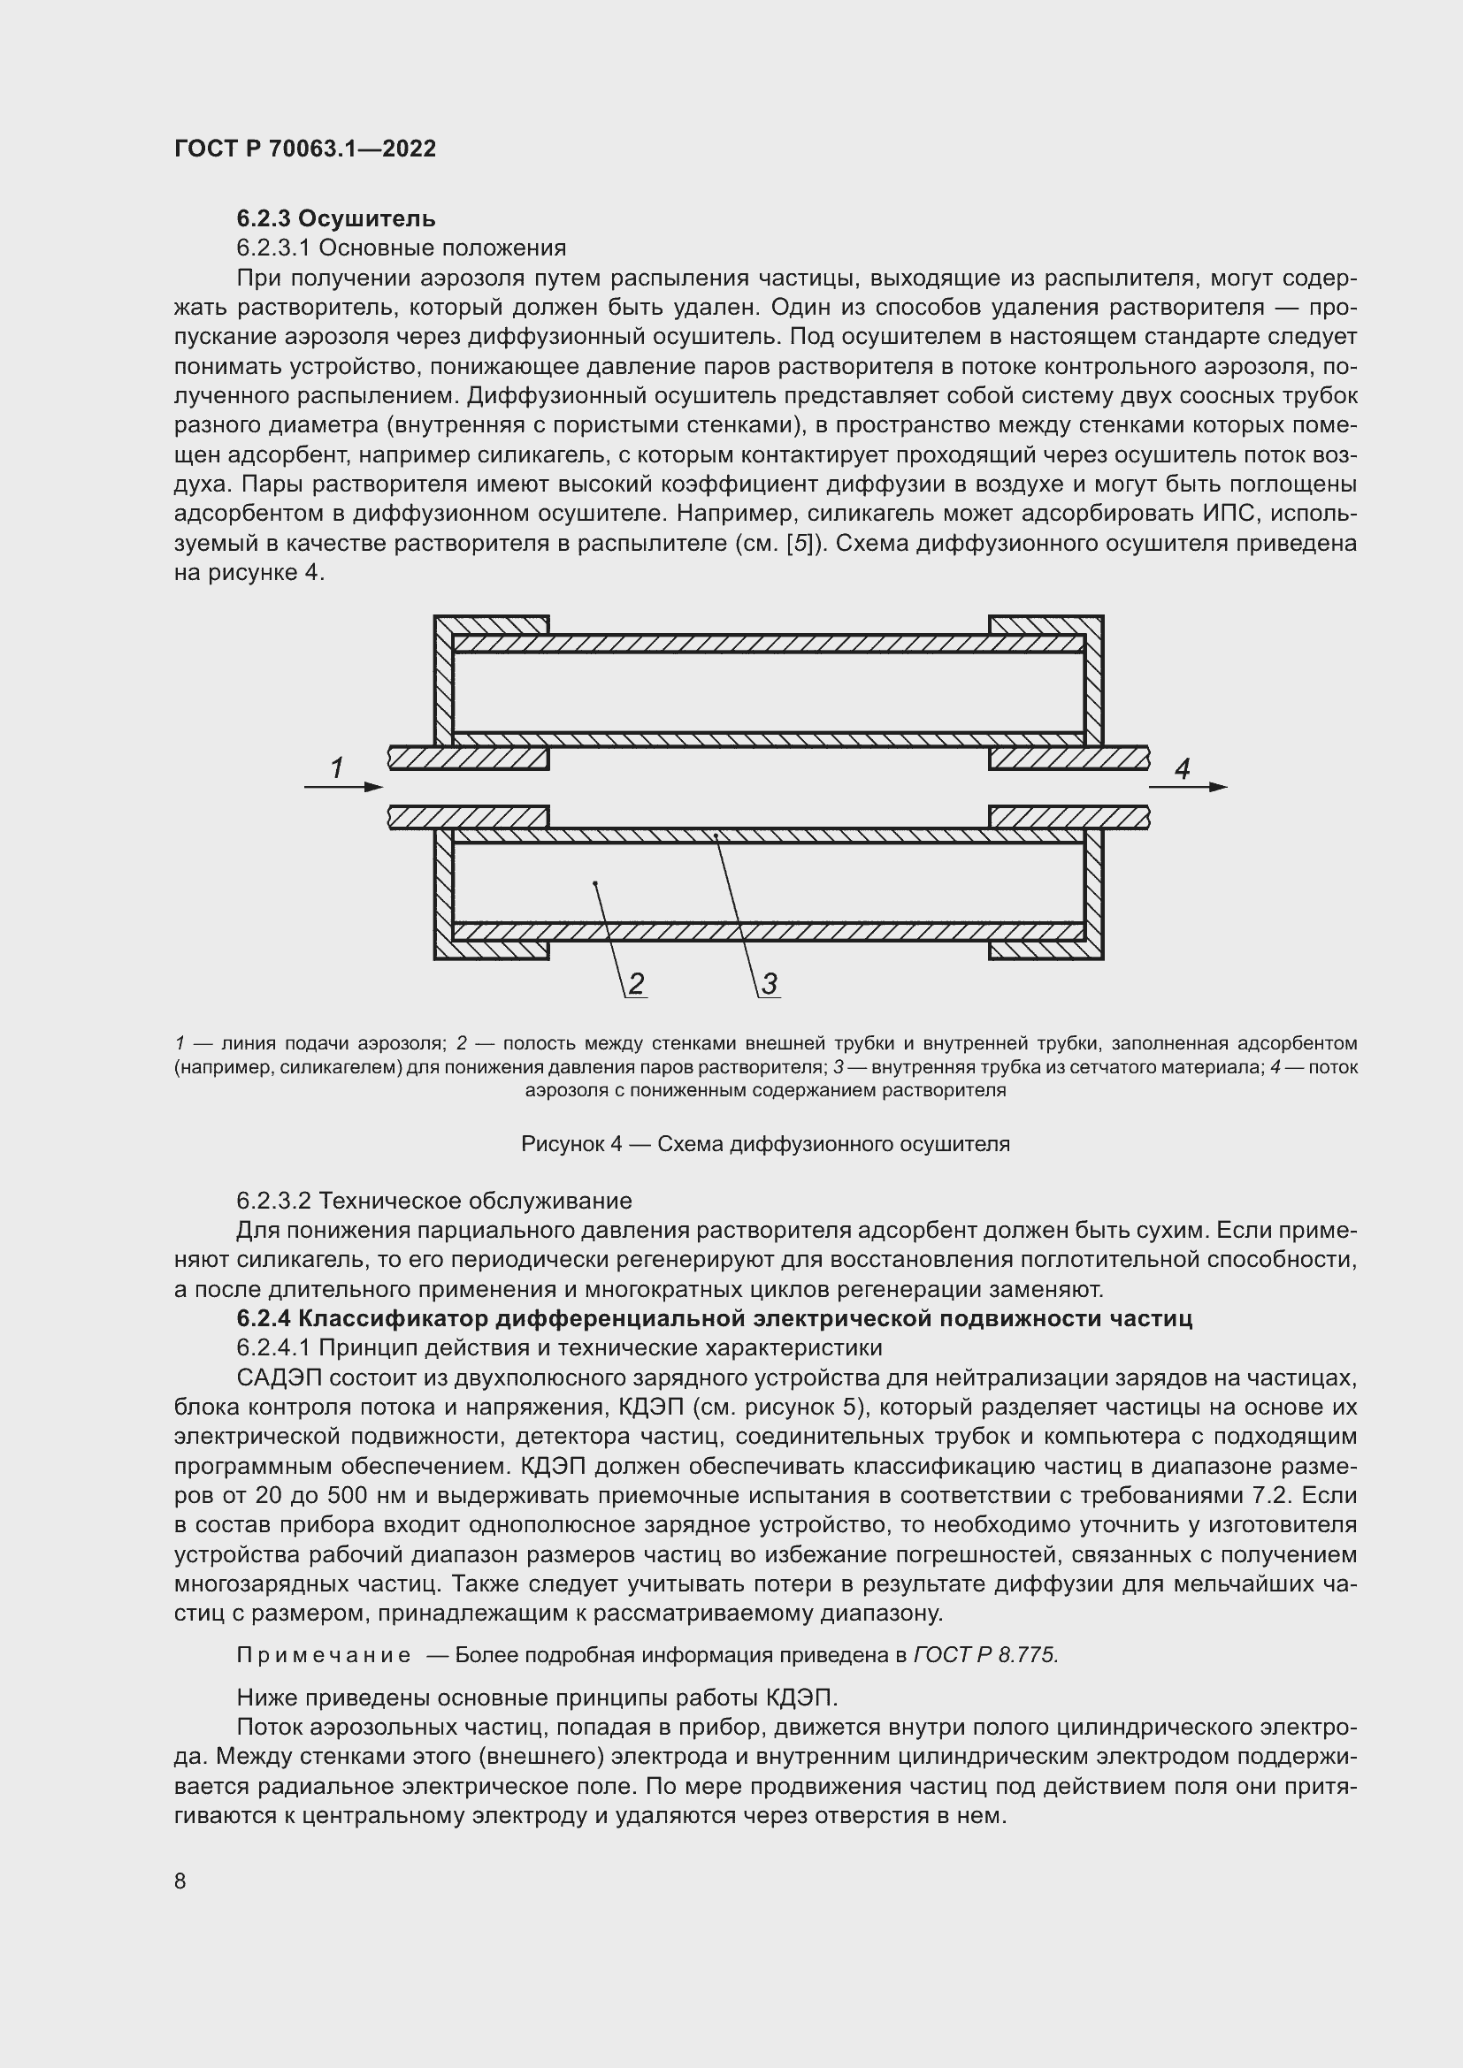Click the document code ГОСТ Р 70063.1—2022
304,149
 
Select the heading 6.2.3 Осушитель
336,218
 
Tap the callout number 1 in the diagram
337,768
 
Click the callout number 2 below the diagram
636,983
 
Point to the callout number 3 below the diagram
770,983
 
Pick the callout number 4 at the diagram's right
1182,768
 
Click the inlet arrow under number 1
343,787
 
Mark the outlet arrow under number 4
1187,787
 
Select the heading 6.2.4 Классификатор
714,1318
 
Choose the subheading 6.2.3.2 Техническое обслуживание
434,1201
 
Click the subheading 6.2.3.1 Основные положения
401,248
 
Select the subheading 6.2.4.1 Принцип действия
558,1348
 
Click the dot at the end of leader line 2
595,884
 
